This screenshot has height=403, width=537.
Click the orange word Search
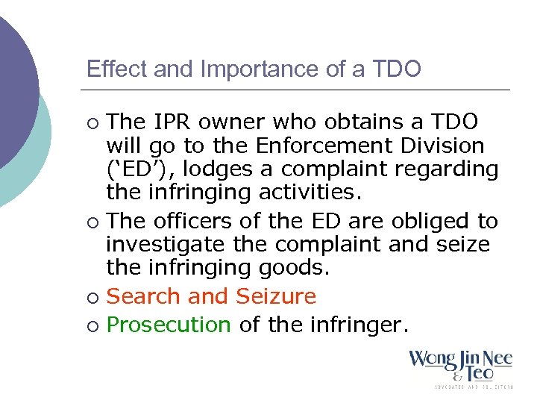tap(145, 296)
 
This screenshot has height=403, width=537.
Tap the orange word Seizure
tap(276, 296)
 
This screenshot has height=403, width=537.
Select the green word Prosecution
tap(169, 325)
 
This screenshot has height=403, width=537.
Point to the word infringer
tap(356, 325)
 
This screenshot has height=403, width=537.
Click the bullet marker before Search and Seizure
tap(92, 298)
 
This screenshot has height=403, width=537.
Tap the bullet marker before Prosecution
tap(92, 326)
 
